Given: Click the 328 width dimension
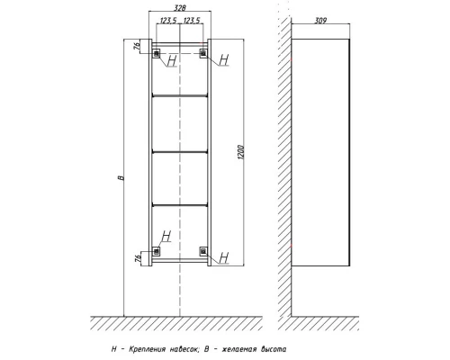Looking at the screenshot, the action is tap(180, 7).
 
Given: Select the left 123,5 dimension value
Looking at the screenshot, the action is tap(168, 20).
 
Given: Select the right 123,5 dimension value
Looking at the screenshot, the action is tap(191, 20).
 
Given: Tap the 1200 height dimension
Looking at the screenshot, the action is tap(241, 152).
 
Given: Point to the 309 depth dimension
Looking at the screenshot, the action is tap(320, 21).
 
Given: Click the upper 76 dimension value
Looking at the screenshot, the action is tap(137, 46).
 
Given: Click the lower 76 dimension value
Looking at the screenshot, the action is tap(138, 258).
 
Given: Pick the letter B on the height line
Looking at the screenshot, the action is tap(121, 178).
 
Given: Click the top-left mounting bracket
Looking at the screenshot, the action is tap(157, 54).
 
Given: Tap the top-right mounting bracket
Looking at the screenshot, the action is tap(203, 54).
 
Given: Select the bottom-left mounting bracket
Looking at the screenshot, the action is tap(157, 251).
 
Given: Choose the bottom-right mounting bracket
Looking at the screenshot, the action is tap(203, 251).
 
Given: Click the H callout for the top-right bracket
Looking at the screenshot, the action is tap(224, 59).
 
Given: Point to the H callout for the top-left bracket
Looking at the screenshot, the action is tap(172, 60).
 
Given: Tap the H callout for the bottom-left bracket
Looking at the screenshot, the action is tap(166, 236).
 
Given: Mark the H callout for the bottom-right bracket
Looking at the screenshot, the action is tap(224, 257).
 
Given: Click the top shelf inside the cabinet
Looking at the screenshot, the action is tap(180, 96).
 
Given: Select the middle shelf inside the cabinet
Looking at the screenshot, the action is tap(180, 152).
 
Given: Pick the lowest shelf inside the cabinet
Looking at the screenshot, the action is tap(180, 205).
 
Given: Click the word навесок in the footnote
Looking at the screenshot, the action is tap(184, 349).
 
